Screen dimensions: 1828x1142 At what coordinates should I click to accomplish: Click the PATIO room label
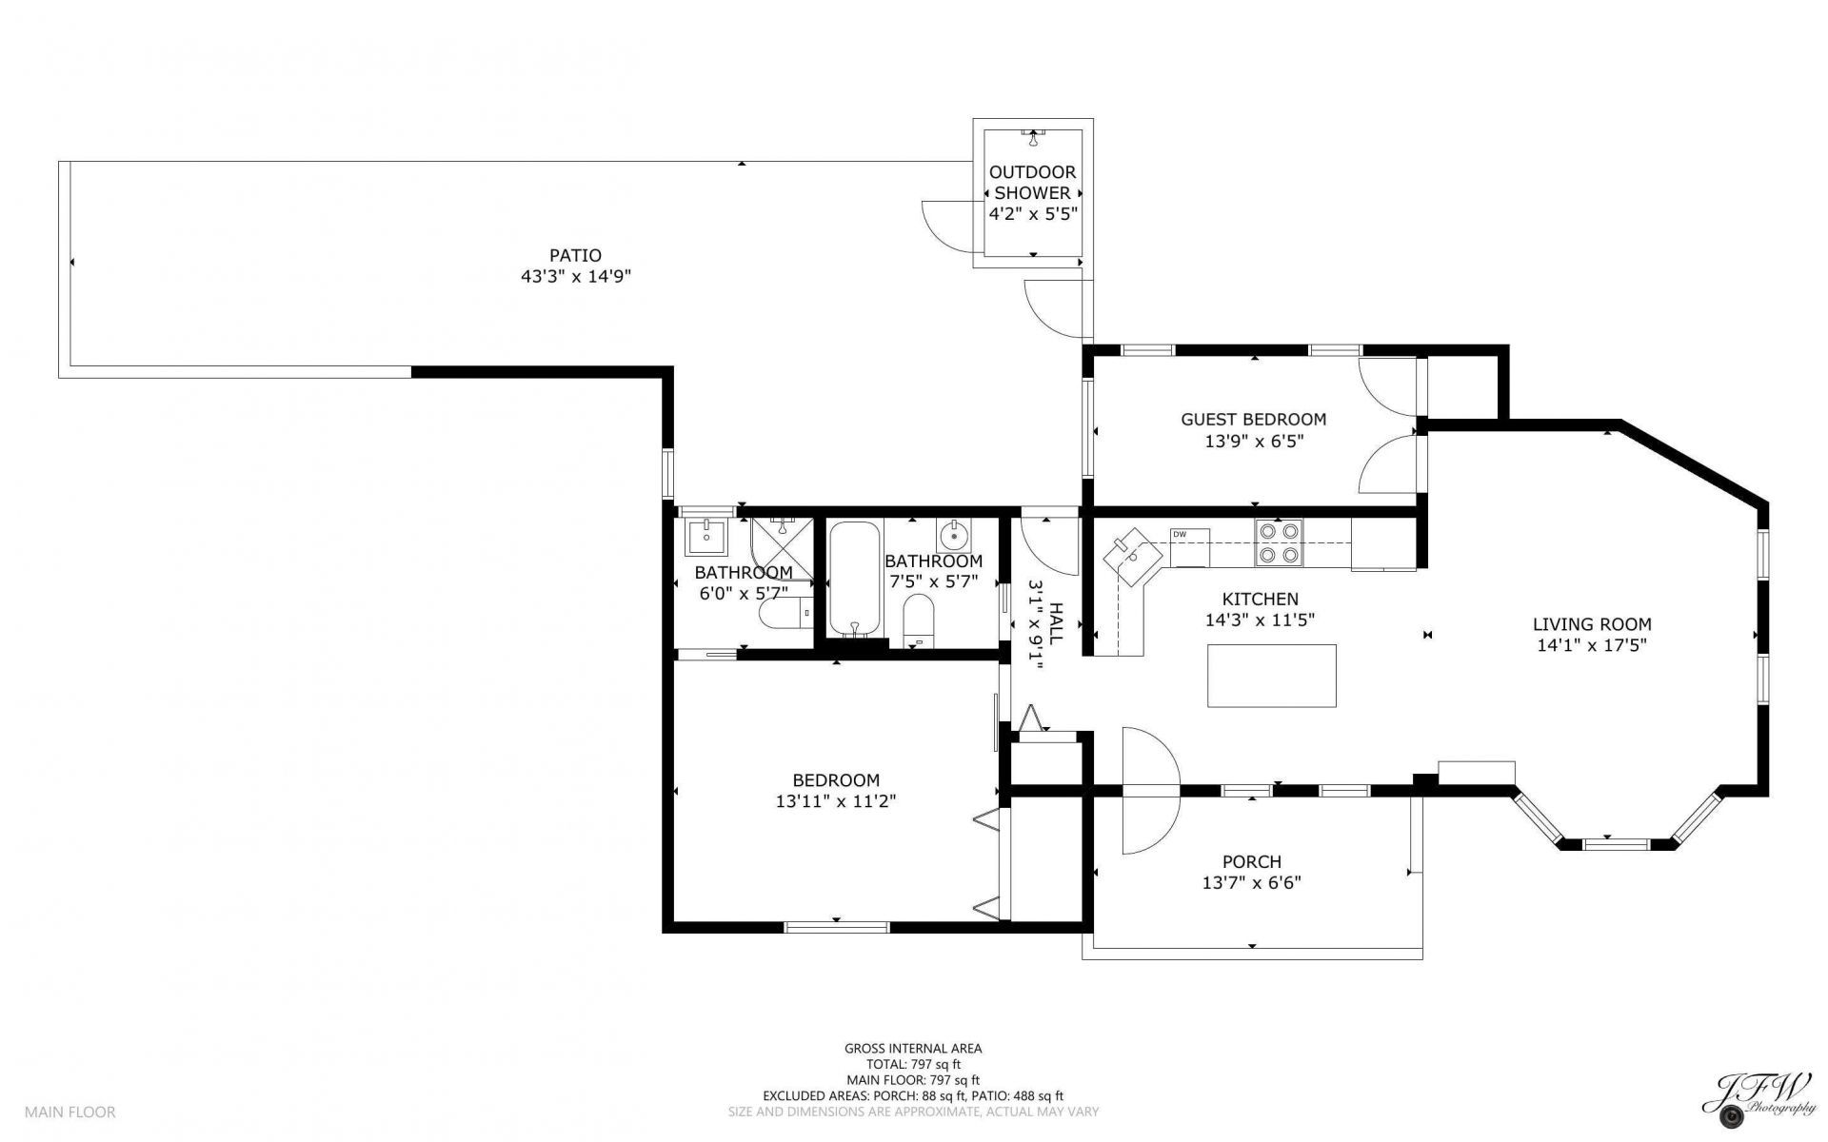tap(575, 255)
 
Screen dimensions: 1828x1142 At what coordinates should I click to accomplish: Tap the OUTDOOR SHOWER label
tap(1033, 182)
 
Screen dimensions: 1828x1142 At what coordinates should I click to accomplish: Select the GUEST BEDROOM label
tap(1253, 419)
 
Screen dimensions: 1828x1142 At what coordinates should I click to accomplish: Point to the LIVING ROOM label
tap(1592, 624)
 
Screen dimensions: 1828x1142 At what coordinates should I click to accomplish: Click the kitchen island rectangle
tap(1271, 676)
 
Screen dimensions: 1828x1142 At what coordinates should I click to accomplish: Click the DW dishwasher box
tap(1190, 547)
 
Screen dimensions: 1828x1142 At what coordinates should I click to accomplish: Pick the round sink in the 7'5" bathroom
tap(954, 537)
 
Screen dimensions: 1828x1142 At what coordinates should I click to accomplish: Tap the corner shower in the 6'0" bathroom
tap(782, 549)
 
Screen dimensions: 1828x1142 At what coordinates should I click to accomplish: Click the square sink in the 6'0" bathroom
tap(705, 538)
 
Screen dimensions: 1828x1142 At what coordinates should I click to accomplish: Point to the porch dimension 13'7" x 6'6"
tap(1251, 882)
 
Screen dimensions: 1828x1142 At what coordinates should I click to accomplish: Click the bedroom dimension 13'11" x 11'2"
tap(836, 801)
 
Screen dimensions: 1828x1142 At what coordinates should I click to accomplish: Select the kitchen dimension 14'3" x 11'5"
tap(1261, 620)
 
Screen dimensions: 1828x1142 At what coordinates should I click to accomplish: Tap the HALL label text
tap(1054, 625)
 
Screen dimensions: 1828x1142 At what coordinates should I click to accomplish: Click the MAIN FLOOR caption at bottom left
tap(70, 1112)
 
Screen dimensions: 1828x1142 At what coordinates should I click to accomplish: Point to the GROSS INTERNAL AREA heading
tap(913, 1049)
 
